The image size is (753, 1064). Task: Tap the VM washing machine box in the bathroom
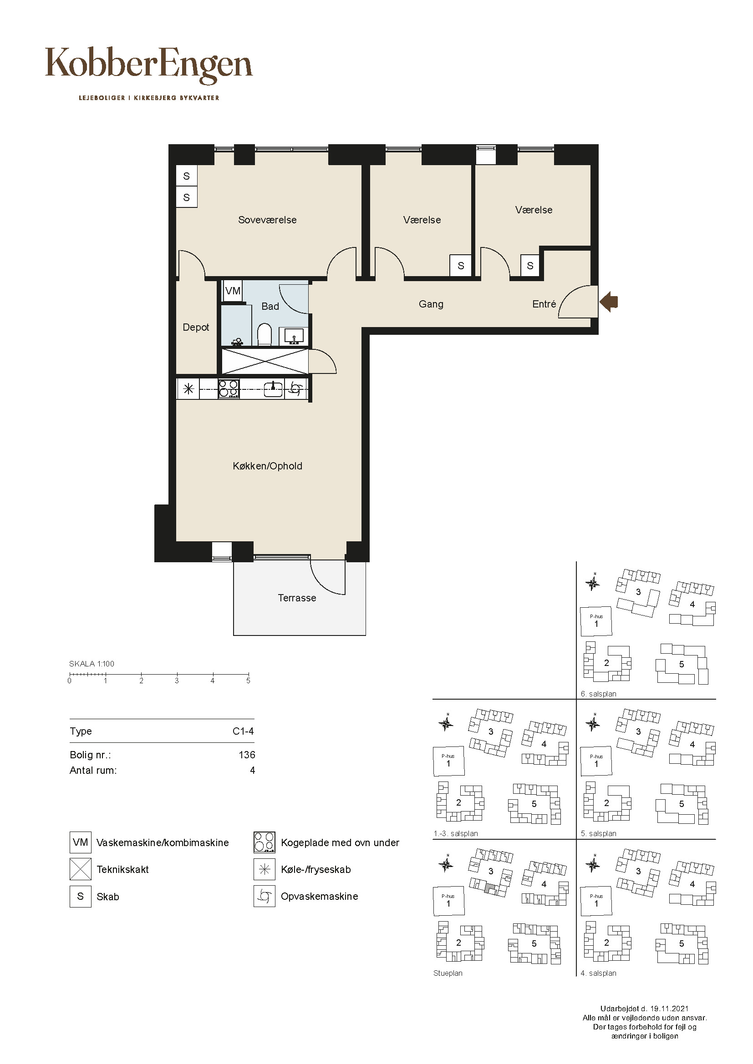233,291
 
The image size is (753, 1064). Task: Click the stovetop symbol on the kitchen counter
229,389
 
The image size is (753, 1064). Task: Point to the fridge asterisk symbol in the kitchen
188,389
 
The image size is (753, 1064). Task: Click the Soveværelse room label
267,220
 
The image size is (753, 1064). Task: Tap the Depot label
196,327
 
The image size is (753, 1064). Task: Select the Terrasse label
297,598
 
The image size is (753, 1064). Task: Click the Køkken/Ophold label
268,466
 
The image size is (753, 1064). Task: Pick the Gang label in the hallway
431,304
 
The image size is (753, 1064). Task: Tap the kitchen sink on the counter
274,389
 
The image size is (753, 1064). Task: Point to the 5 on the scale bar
248,681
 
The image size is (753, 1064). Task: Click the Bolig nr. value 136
247,755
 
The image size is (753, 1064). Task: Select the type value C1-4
243,731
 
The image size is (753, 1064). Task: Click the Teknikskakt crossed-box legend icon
80,869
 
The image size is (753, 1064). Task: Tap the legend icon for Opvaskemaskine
265,896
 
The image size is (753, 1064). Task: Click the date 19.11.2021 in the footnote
669,1009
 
